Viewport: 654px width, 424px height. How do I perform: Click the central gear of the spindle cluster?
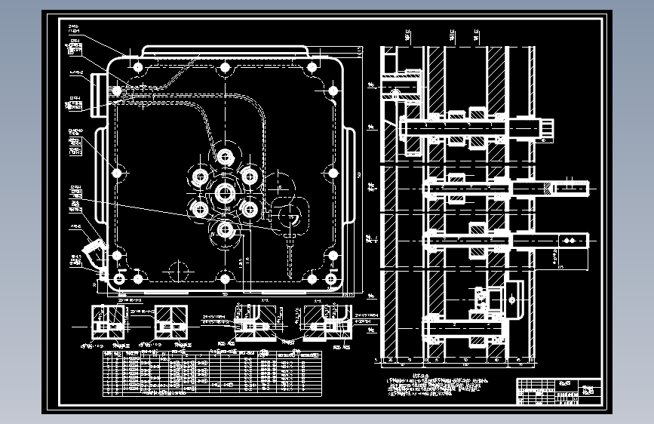point(225,192)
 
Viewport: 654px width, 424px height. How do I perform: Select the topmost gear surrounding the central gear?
point(225,157)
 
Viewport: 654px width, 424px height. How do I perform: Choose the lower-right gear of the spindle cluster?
point(250,207)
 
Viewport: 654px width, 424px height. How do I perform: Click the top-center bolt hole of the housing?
point(225,68)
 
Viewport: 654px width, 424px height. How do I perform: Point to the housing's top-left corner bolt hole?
point(137,68)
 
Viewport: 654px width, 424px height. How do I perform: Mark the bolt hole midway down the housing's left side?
point(117,173)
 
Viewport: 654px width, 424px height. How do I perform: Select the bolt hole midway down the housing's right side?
point(333,173)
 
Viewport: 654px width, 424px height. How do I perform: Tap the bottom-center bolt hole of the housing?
point(225,279)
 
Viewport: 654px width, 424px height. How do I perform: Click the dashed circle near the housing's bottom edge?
point(178,269)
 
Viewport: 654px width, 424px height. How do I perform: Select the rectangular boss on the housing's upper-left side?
point(96,91)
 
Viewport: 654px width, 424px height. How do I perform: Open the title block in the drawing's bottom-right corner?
point(558,392)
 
